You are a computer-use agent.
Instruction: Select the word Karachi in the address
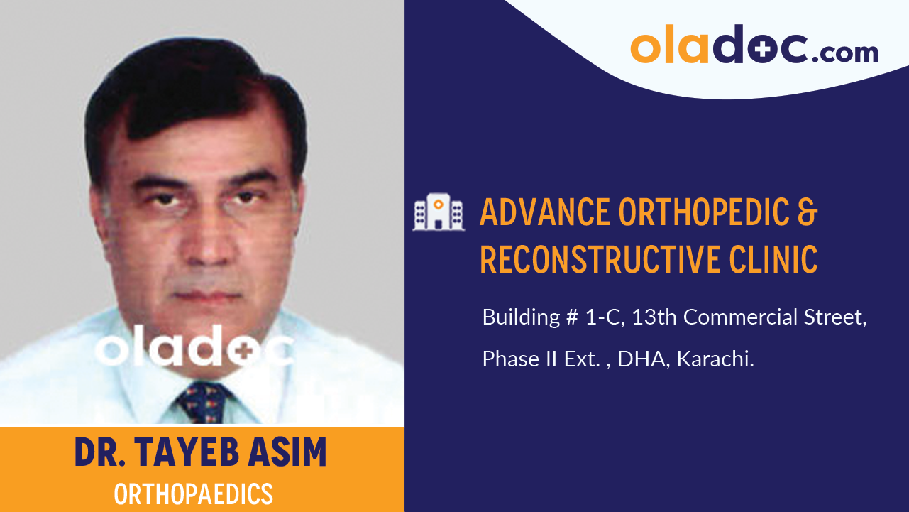tap(715, 359)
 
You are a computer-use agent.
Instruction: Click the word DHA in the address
tap(641, 359)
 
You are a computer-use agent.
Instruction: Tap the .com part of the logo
tap(844, 52)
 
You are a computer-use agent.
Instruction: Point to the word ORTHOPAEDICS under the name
tap(194, 494)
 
